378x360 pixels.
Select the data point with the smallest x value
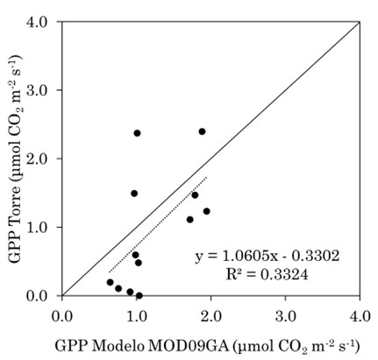pos(110,282)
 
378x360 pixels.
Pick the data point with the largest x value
pos(207,211)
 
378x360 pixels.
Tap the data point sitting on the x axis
pos(139,295)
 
